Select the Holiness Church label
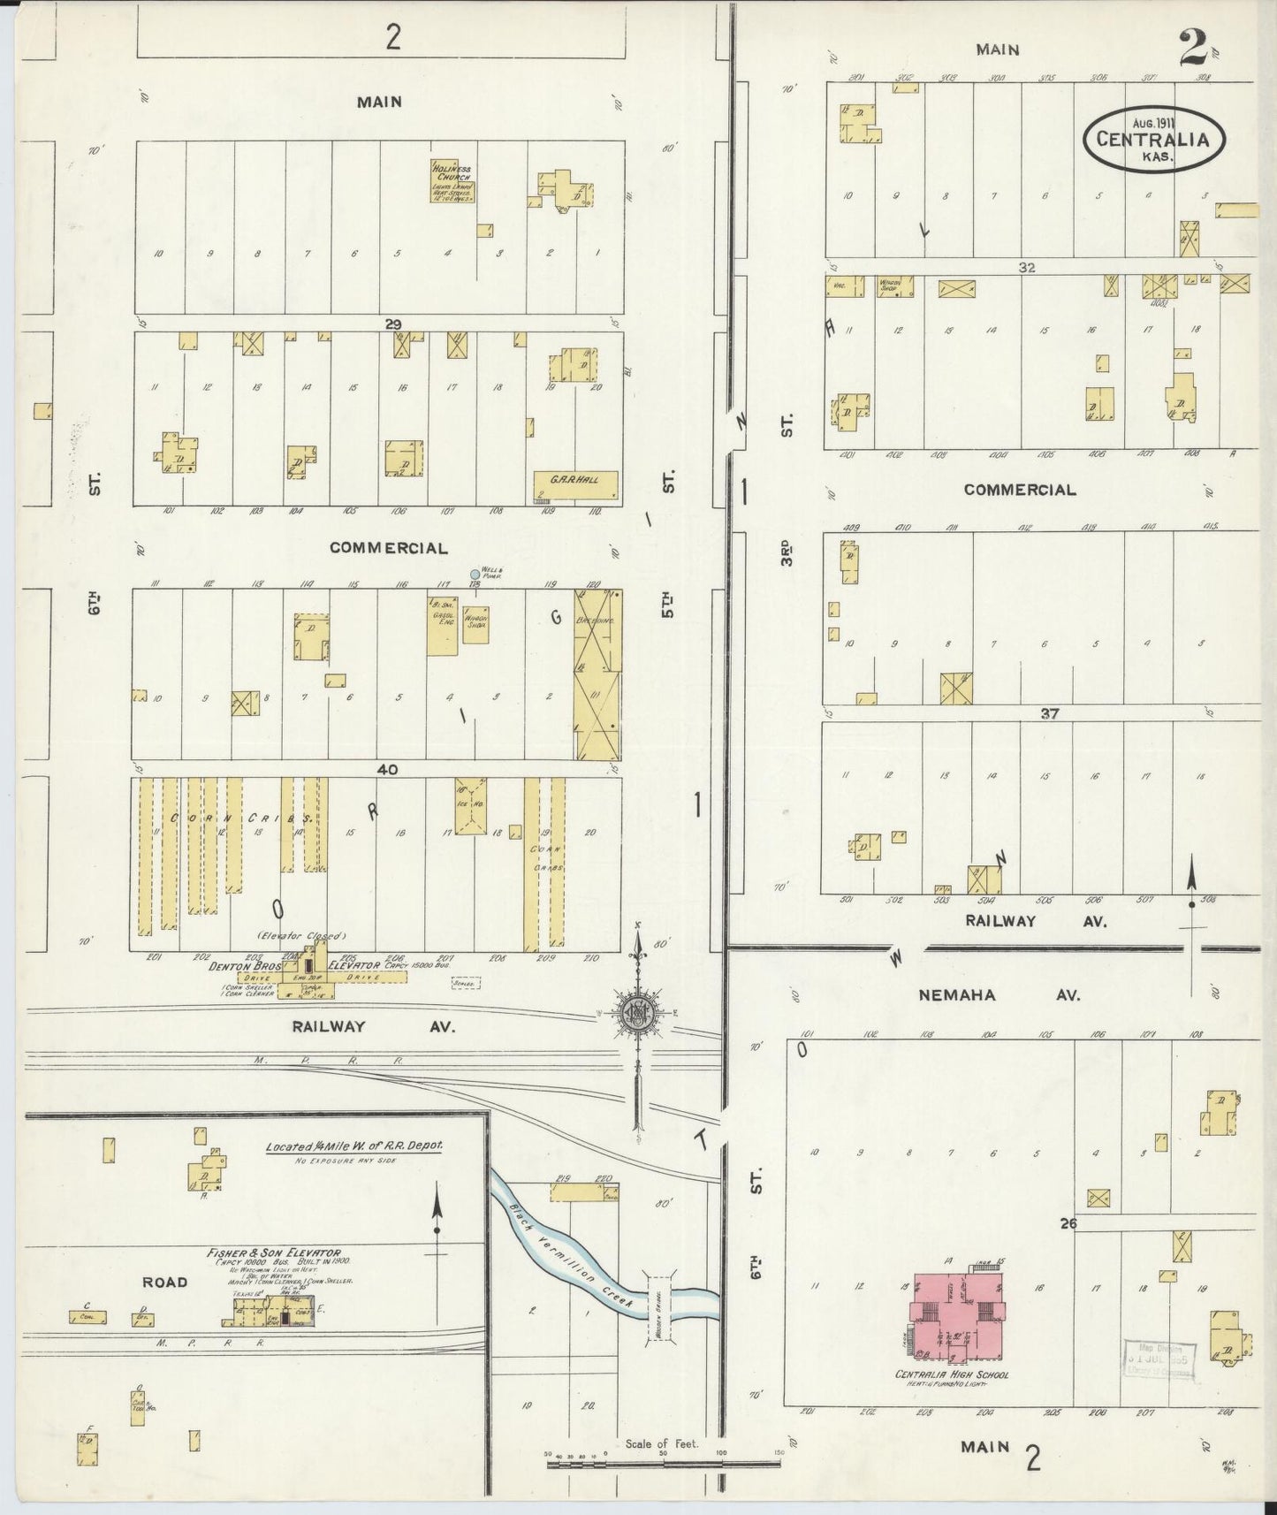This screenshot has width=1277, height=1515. pos(452,172)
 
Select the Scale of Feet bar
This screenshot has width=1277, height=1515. pos(662,1464)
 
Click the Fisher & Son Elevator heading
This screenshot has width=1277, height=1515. pos(273,1252)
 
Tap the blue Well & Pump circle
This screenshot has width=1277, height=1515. pos(475,575)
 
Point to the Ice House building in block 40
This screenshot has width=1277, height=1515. pos(471,806)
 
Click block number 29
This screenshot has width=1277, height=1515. pos(393,324)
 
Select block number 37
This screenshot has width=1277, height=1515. pos(1049,713)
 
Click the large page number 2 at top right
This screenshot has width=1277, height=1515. pos(1192,49)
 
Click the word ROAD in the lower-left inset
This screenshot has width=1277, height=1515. pos(164,1282)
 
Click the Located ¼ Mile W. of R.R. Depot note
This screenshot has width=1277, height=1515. pos(354,1146)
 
